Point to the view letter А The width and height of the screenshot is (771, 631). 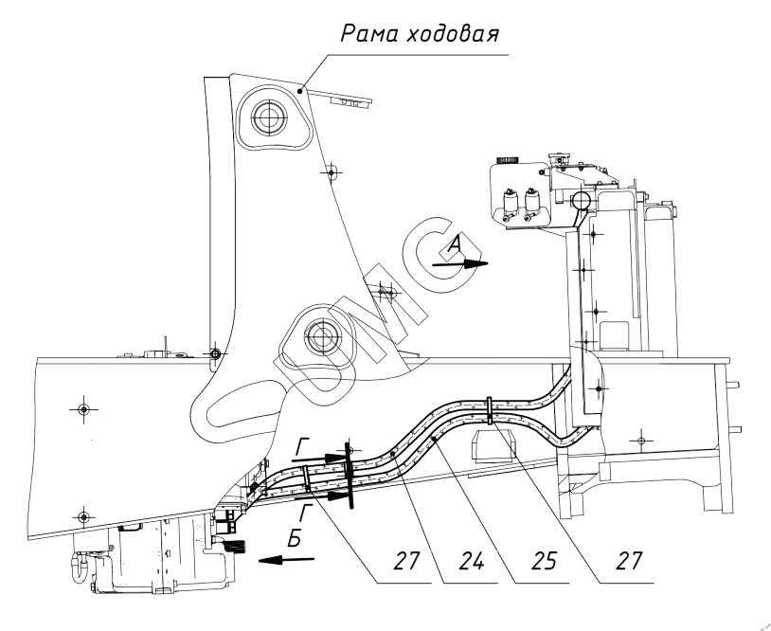coord(455,245)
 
